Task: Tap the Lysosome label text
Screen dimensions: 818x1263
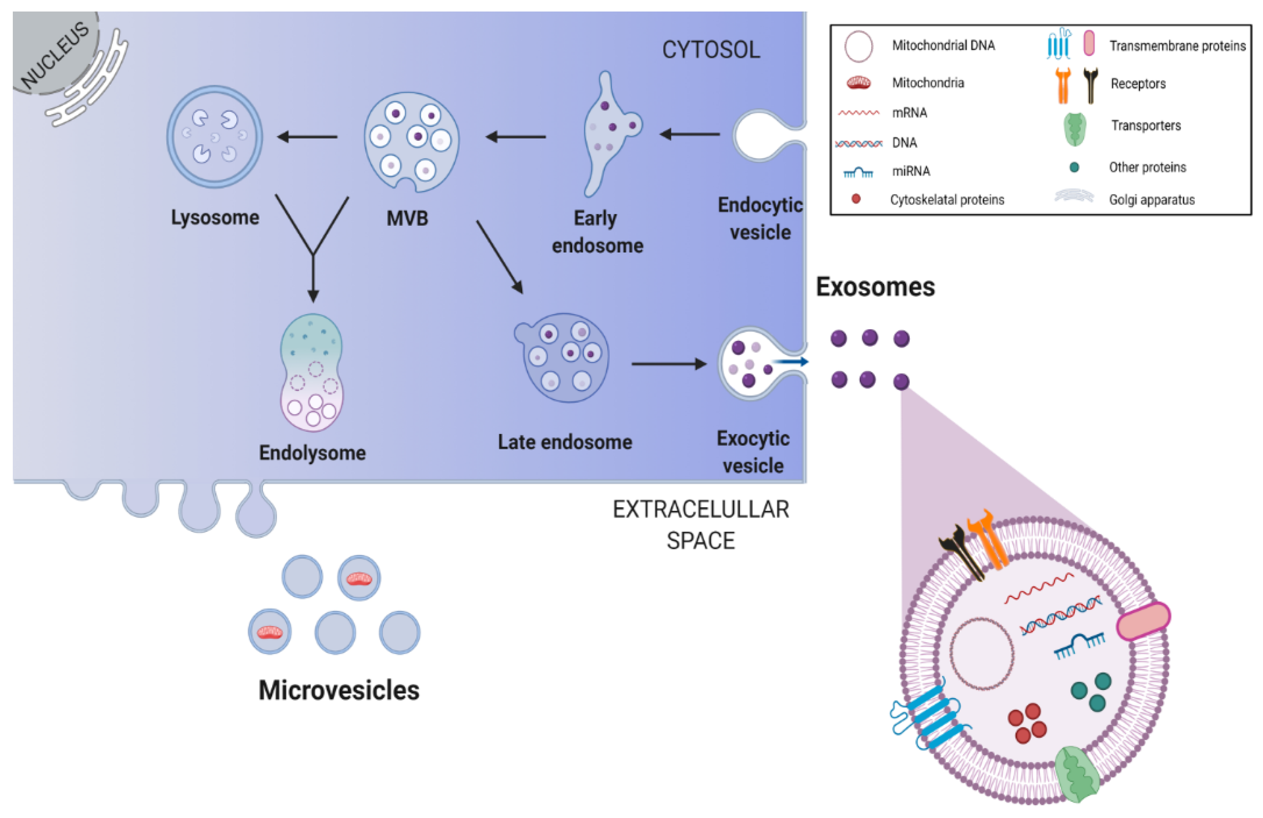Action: click(x=215, y=218)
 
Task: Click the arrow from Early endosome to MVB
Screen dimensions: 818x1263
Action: click(x=515, y=137)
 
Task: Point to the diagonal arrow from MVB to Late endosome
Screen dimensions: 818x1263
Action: click(x=499, y=257)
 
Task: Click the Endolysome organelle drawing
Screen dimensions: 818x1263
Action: click(x=311, y=372)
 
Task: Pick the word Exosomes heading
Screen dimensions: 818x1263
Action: click(x=875, y=287)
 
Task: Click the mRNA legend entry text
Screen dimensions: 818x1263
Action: click(x=909, y=113)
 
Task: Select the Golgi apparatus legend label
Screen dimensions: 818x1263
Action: click(x=1152, y=200)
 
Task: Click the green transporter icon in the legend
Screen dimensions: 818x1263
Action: click(x=1074, y=129)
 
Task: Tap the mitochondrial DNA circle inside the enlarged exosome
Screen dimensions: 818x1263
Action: click(x=982, y=653)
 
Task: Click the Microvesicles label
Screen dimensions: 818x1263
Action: click(x=338, y=690)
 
